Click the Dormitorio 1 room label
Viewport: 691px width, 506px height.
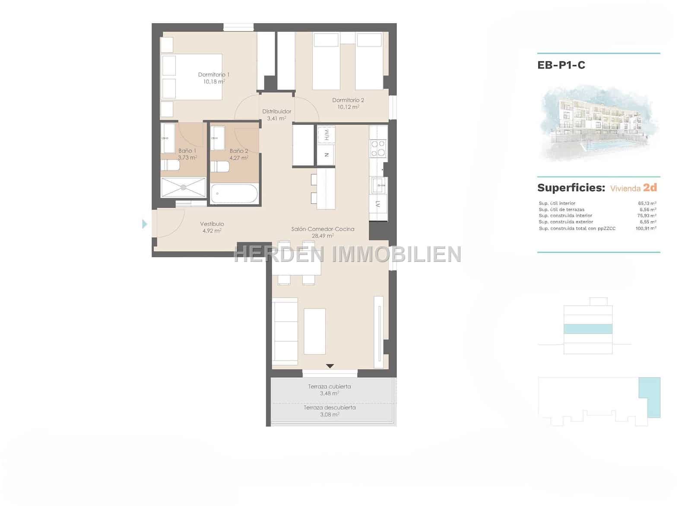pos(213,75)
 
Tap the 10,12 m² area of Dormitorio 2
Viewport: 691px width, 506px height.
pos(348,107)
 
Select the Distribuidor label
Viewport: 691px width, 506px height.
pos(277,111)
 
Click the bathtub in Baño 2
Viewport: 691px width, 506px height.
pos(234,194)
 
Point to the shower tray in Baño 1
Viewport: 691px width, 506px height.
pos(183,187)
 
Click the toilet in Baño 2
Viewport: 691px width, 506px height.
pos(219,167)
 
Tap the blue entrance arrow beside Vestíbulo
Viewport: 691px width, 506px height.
pos(145,224)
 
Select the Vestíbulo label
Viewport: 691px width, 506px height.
pos(212,224)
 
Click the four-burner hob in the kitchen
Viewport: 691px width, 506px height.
pos(378,149)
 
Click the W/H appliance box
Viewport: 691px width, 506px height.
pos(326,135)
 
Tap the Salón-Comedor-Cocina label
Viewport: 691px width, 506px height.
pos(323,229)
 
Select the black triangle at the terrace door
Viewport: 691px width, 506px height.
pos(330,366)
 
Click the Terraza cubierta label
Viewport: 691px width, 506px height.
pos(330,387)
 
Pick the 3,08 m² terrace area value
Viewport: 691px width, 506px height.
pos(330,415)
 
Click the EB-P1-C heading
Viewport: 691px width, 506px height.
pos(561,65)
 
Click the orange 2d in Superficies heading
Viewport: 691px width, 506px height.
pos(650,188)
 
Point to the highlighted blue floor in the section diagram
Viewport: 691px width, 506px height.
pos(588,329)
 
